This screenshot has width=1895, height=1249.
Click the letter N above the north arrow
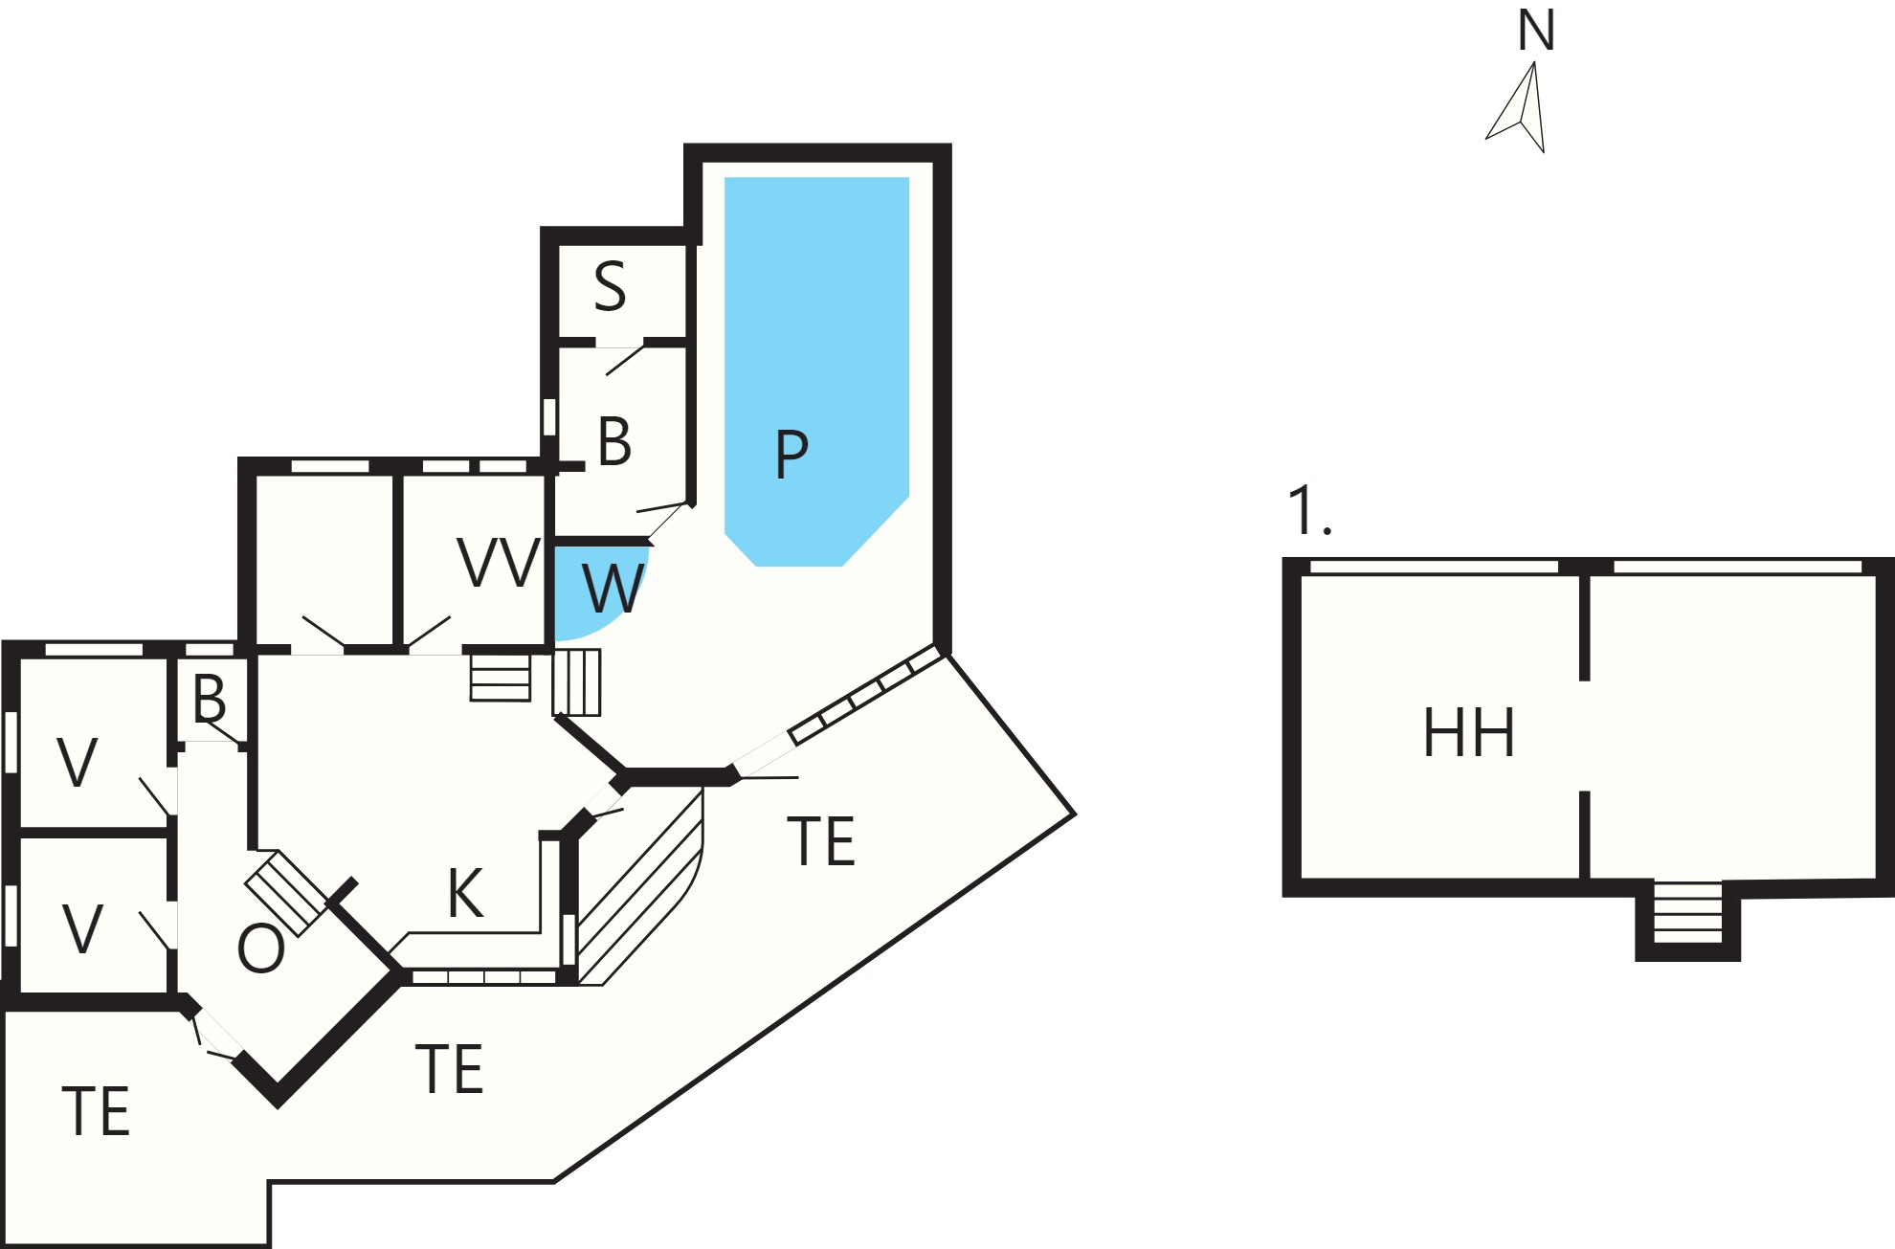1536,31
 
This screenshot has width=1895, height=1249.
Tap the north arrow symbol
1522,108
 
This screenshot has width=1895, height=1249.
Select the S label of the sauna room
610,286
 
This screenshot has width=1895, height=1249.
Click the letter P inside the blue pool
791,454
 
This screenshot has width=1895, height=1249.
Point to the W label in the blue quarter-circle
613,589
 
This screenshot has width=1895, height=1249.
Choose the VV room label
499,562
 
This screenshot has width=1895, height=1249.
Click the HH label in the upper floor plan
1469,733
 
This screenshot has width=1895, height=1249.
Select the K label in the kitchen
466,894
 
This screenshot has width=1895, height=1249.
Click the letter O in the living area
261,948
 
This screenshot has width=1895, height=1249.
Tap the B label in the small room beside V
210,699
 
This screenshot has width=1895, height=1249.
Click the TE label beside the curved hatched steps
821,842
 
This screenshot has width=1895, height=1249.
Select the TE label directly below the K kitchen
449,1069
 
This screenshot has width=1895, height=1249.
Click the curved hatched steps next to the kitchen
640,885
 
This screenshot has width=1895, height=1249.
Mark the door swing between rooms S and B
625,359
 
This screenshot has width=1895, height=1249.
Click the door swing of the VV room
428,633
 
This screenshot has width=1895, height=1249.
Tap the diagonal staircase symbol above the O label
286,894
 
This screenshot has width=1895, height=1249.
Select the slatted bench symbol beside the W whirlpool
577,682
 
